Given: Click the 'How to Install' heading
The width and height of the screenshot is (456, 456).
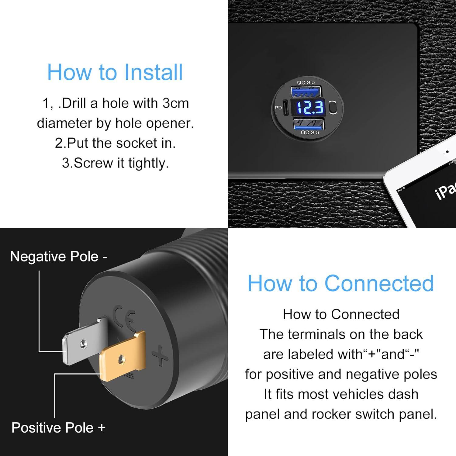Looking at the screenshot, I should (x=115, y=72).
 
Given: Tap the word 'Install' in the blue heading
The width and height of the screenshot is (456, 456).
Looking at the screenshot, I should (x=154, y=72).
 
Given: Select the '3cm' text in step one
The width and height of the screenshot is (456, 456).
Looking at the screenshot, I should (x=175, y=103).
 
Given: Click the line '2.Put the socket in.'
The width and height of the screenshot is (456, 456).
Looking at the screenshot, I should (x=115, y=143).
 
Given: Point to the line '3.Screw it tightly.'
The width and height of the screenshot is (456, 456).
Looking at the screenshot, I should (x=115, y=163).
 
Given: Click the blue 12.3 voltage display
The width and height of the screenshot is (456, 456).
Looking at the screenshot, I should (x=310, y=108).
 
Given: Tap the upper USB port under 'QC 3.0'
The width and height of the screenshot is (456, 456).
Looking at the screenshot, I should (x=306, y=92).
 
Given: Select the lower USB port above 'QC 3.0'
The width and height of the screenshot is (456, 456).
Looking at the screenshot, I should (x=308, y=124).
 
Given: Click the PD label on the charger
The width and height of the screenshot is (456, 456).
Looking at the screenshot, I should (x=278, y=108).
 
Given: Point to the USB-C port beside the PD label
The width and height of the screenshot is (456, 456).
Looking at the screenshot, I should (x=285, y=108).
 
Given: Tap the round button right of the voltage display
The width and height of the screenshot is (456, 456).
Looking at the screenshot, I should (x=333, y=108).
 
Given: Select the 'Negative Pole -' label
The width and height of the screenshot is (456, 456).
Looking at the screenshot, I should (x=58, y=257).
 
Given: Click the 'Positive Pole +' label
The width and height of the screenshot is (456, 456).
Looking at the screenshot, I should (x=58, y=428).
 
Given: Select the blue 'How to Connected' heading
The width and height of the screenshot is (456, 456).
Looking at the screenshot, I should (x=340, y=283).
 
